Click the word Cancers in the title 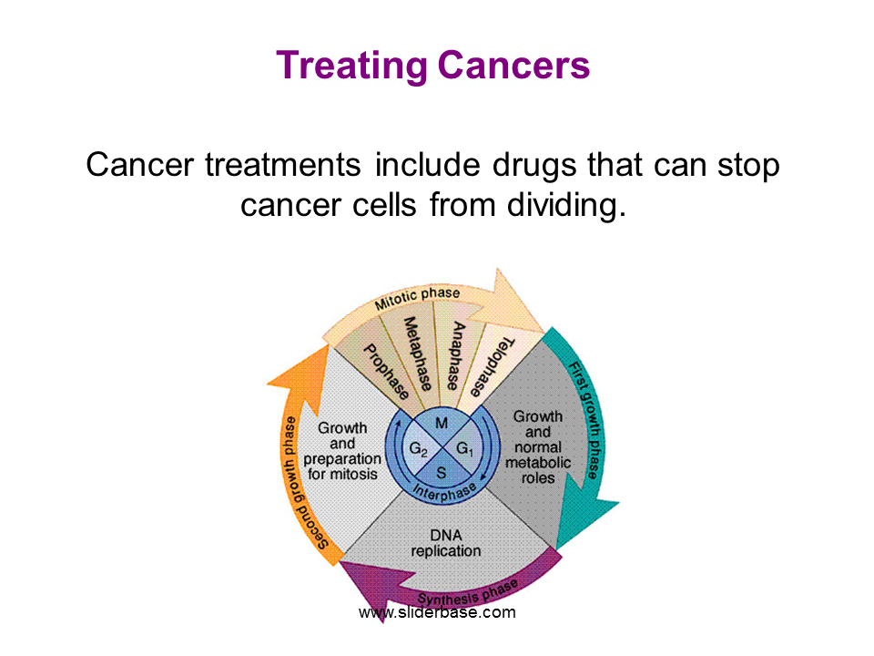pyautogui.click(x=513, y=65)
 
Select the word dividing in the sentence pyautogui.click(x=566, y=205)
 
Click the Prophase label pyautogui.click(x=386, y=372)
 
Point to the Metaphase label pyautogui.click(x=418, y=354)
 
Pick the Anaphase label pyautogui.click(x=456, y=355)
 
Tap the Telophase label pyautogui.click(x=493, y=367)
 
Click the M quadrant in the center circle pyautogui.click(x=442, y=424)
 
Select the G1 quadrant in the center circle pyautogui.click(x=465, y=448)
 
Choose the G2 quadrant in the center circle pyautogui.click(x=418, y=449)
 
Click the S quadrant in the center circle pyautogui.click(x=442, y=473)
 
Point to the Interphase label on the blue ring pyautogui.click(x=444, y=492)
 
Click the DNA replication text pyautogui.click(x=446, y=543)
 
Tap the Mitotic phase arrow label pyautogui.click(x=417, y=299)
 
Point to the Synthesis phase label pyautogui.click(x=468, y=593)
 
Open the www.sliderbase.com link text pyautogui.click(x=437, y=612)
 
